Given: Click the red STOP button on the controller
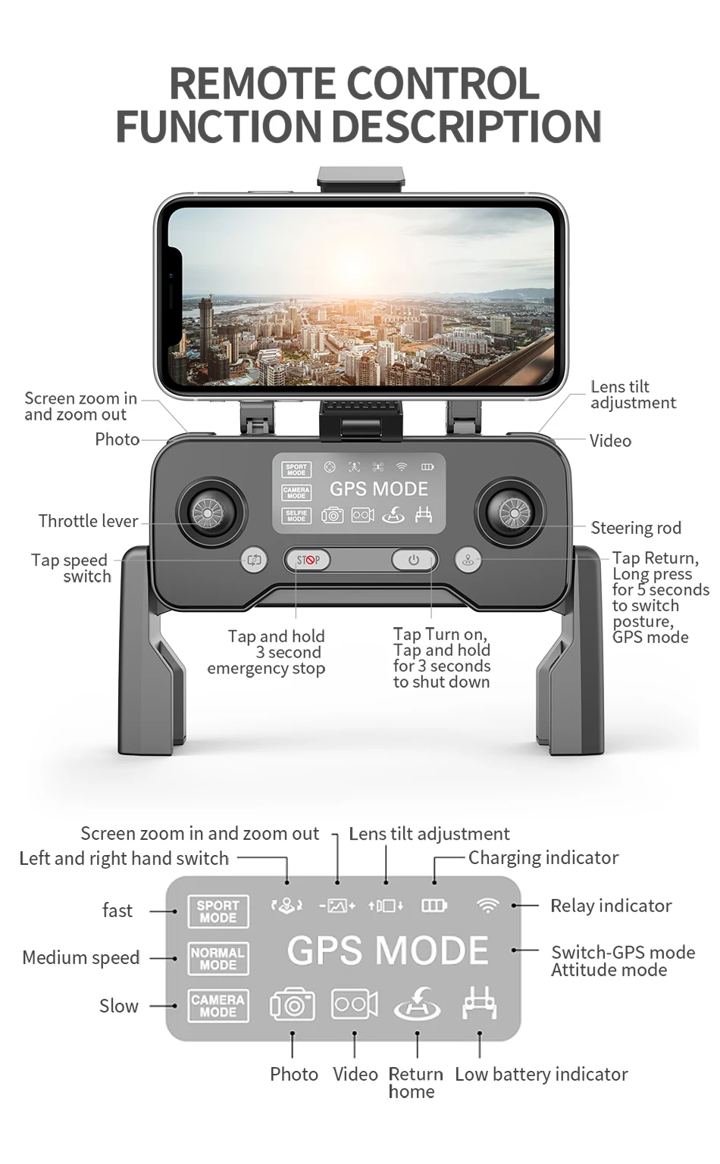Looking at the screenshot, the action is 308,560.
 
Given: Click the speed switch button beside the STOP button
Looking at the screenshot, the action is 254,560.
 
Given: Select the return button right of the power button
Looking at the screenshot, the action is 468,560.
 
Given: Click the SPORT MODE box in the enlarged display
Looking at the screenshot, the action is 218,911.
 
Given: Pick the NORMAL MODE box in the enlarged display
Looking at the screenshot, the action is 218,959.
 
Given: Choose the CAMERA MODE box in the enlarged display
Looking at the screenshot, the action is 218,1006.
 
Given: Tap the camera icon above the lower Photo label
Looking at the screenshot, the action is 293,1004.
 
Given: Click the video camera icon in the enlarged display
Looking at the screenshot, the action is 355,1004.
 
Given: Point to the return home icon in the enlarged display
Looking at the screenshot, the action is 417,1004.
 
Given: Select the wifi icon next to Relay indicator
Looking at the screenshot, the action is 489,905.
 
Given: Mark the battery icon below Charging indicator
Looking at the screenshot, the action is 434,905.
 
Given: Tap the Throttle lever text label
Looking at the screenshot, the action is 89,521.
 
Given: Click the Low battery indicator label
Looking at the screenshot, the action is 541,1074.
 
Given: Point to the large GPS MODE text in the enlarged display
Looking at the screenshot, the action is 387,950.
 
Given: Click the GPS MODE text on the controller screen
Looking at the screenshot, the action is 378,488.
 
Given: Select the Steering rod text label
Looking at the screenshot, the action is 636,528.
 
